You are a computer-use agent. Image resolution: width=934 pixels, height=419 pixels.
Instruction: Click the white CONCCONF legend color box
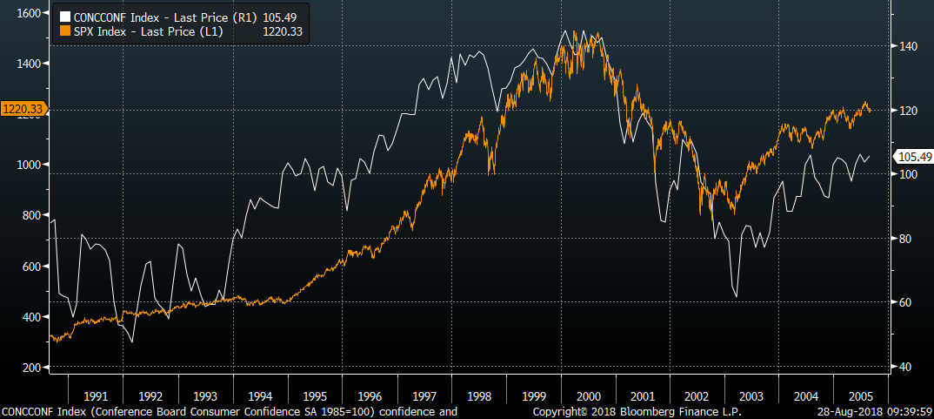click(x=61, y=17)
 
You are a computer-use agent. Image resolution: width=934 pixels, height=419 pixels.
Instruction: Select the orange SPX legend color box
click(x=61, y=31)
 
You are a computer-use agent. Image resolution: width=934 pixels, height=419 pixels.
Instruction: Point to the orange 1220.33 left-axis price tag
click(x=23, y=109)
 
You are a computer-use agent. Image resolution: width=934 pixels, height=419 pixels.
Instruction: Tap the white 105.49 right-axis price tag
click(x=914, y=157)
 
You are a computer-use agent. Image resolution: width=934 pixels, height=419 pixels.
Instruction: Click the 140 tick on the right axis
click(x=904, y=46)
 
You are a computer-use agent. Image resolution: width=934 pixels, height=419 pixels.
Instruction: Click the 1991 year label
click(x=96, y=395)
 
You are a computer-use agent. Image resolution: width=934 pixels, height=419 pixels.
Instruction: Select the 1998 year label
click(x=479, y=395)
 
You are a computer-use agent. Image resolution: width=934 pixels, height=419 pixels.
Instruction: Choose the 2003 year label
click(x=751, y=395)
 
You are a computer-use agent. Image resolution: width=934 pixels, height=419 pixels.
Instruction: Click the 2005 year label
click(x=861, y=395)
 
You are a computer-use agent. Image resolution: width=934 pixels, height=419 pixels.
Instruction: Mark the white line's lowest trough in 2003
click(x=737, y=297)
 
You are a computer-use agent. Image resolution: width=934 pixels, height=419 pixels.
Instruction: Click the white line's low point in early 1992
click(x=131, y=342)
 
